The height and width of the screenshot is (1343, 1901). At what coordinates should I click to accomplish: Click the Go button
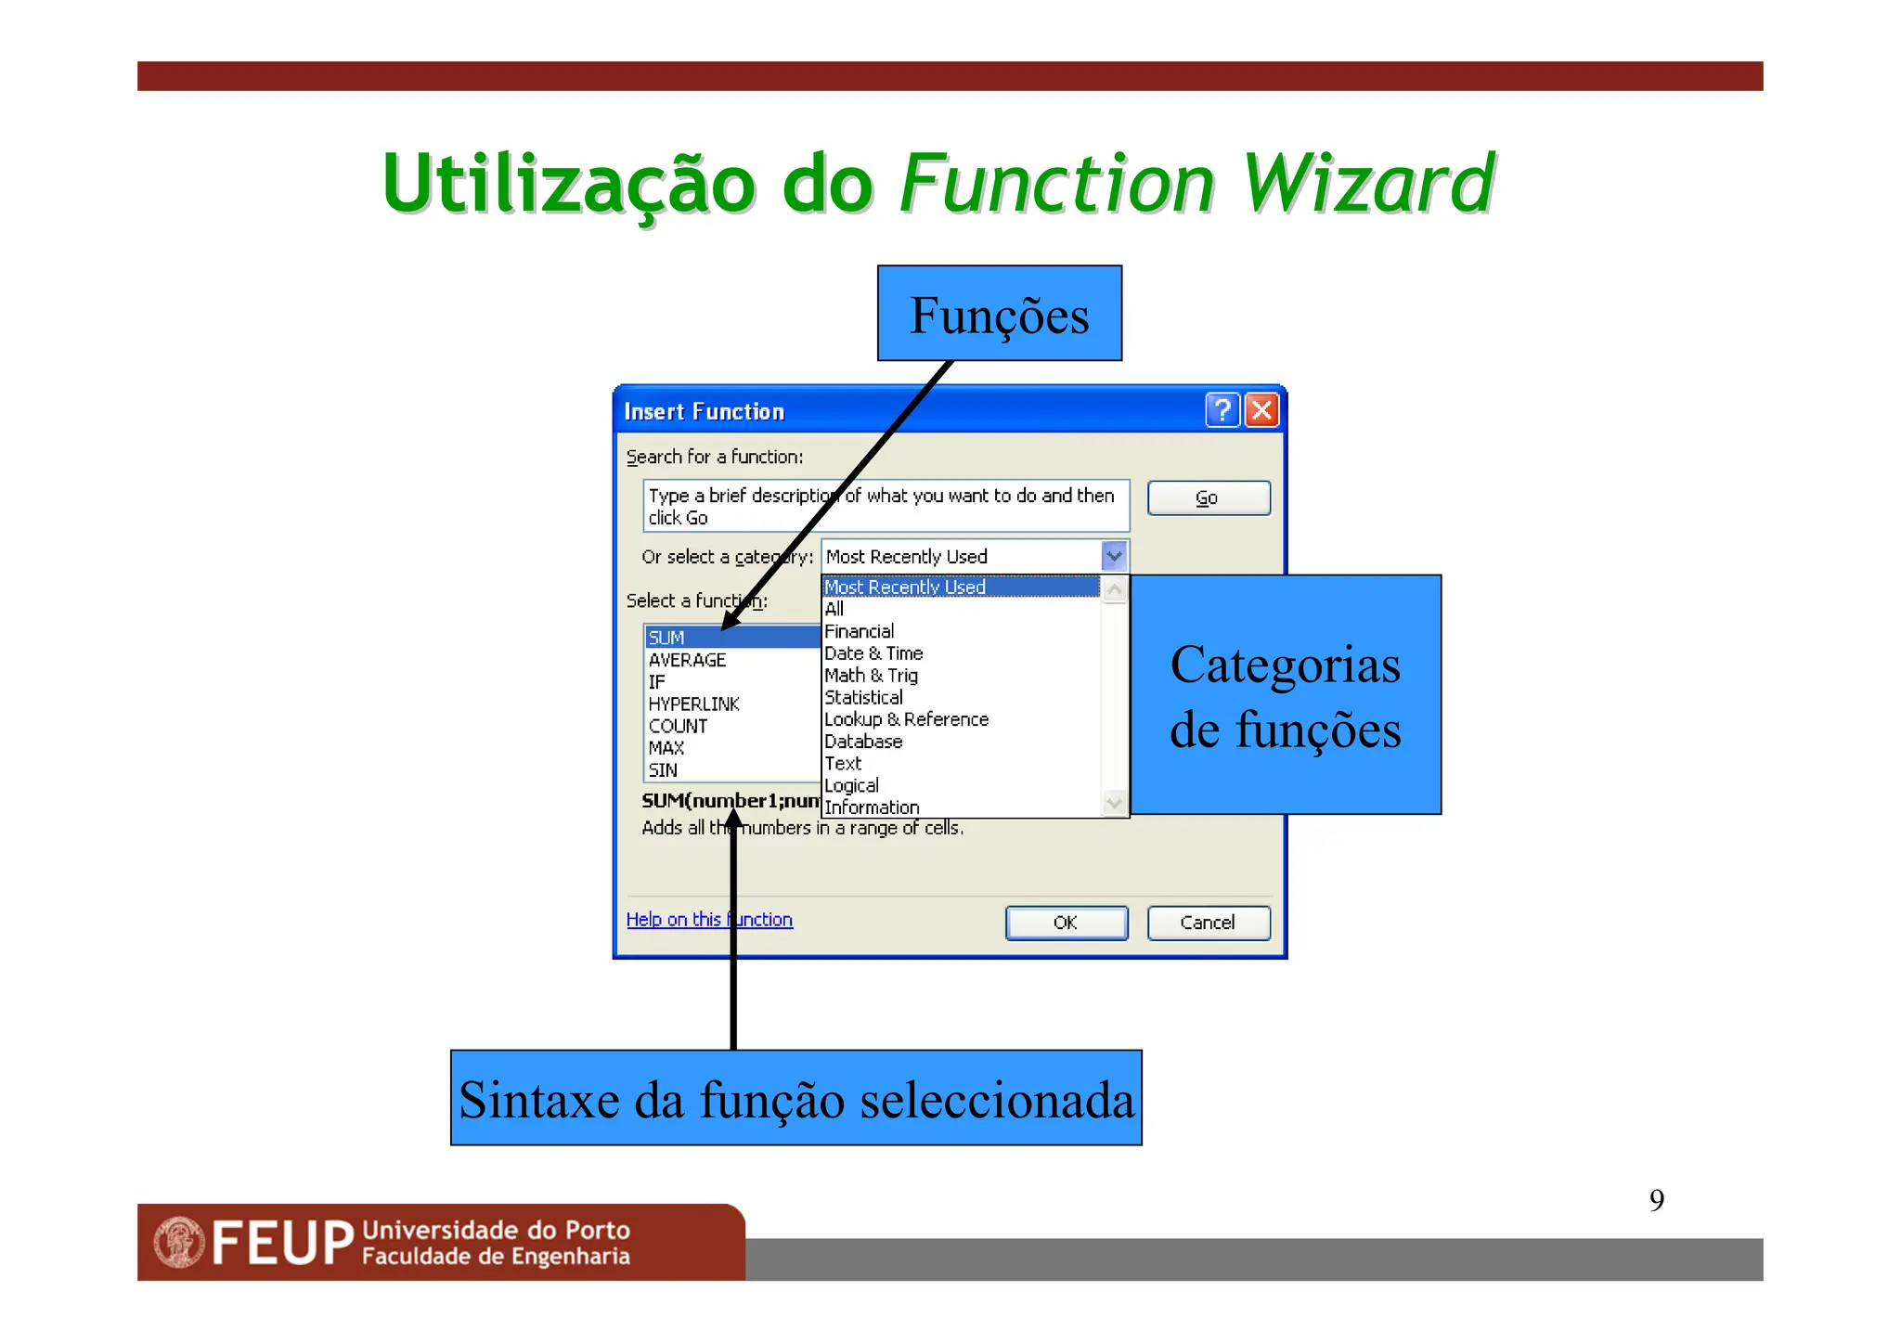1208,498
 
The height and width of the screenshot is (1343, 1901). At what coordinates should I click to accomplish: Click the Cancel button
1208,923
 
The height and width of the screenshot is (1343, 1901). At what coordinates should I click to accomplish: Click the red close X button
1261,410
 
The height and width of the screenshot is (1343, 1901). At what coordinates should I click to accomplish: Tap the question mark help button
1222,410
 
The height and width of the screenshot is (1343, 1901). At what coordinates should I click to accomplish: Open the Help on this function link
708,920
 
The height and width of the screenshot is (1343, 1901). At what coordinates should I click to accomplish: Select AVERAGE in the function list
687,660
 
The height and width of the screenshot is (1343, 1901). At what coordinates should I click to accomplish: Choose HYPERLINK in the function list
693,704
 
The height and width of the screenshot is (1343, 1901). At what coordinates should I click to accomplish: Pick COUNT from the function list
678,727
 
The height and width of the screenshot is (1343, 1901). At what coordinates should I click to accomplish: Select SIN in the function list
663,770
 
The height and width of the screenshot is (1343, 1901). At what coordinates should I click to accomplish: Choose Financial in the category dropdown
859,631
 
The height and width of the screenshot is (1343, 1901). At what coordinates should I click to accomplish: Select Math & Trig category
871,676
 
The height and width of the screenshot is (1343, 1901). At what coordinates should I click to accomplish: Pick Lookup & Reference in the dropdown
906,719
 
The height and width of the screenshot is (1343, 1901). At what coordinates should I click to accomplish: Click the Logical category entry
851,785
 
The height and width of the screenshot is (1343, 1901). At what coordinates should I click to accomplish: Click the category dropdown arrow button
1114,556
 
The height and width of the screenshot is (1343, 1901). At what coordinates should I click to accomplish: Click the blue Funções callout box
999,314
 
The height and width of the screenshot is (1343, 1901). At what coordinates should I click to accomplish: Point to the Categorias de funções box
1285,695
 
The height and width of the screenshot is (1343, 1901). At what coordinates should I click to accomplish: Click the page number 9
1656,1200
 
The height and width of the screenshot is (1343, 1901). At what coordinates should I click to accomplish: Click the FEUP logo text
282,1243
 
